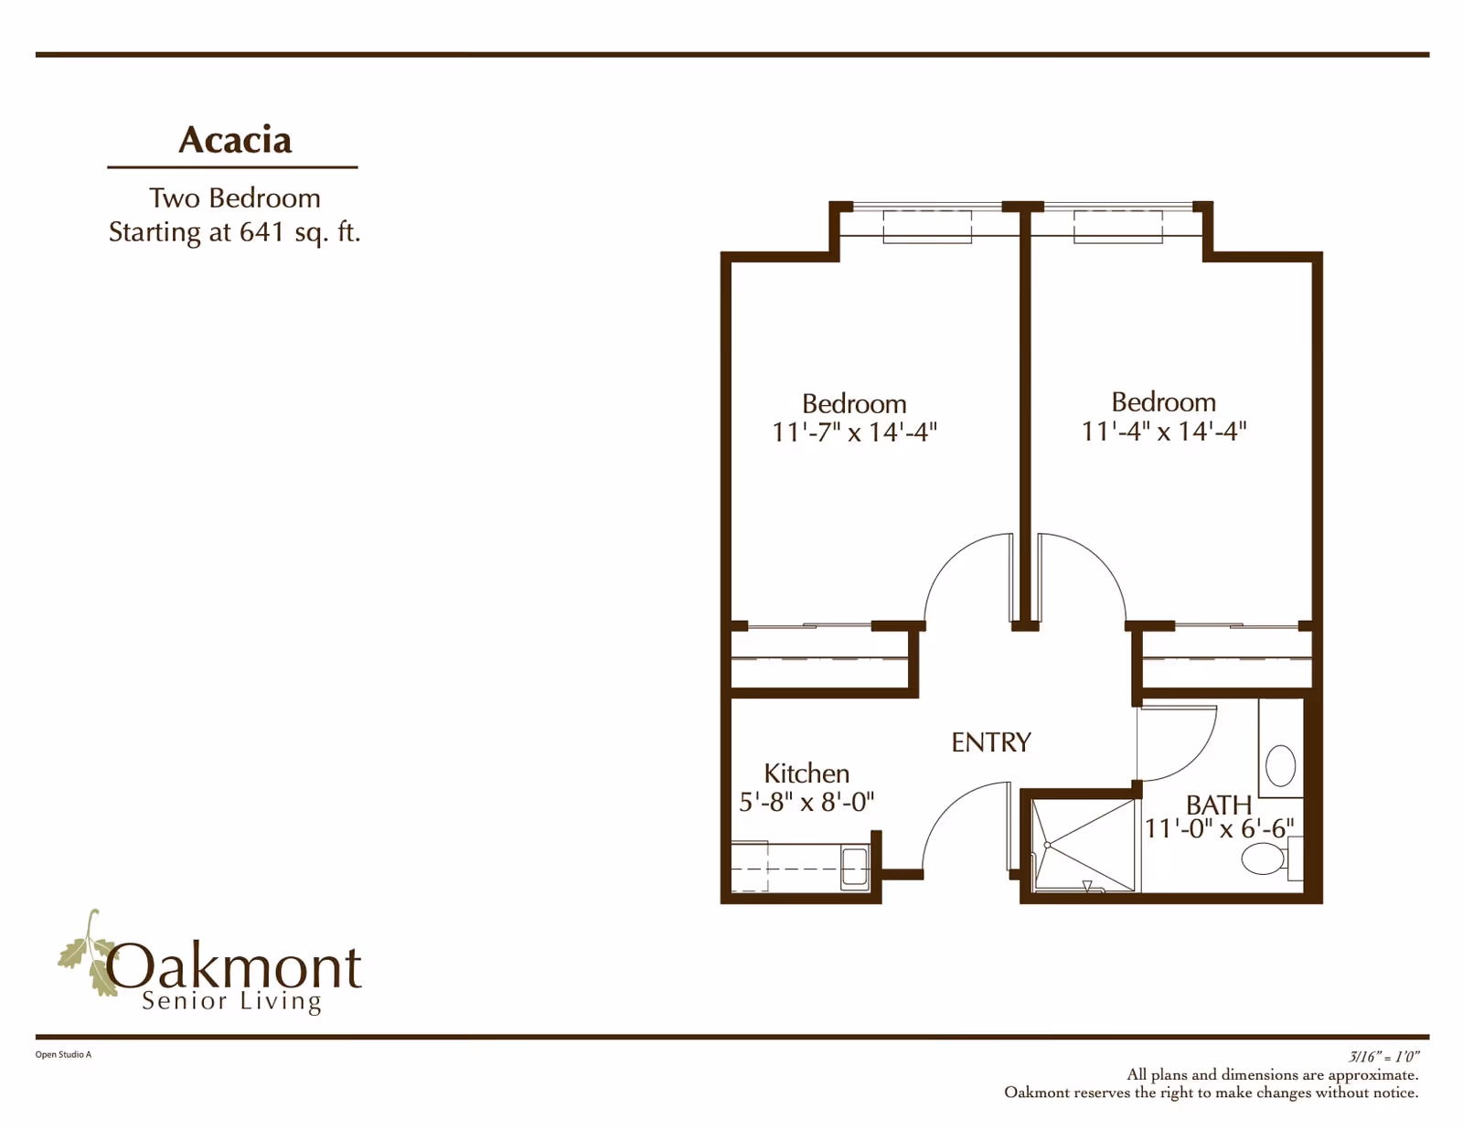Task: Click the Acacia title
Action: [x=235, y=140]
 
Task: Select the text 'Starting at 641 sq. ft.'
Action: [x=235, y=232]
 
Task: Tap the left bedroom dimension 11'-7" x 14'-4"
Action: [x=854, y=432]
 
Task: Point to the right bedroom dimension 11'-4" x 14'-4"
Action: [x=1163, y=430]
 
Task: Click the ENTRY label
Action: [x=990, y=742]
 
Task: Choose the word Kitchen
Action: [x=806, y=773]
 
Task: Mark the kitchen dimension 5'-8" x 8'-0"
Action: [x=806, y=802]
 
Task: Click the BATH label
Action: [x=1218, y=805]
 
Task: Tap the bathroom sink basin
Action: [x=1280, y=765]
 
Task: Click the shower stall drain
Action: [x=1047, y=845]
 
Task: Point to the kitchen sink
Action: [x=855, y=867]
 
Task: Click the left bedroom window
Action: [x=927, y=226]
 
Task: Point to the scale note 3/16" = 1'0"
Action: [x=1383, y=1056]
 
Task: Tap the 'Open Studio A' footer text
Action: [x=63, y=1054]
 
